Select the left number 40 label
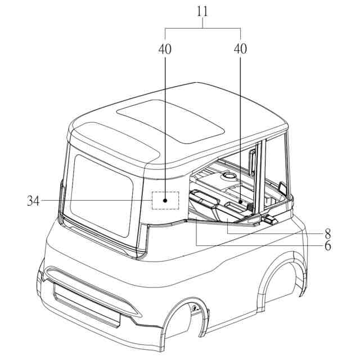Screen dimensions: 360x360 coord(165,49)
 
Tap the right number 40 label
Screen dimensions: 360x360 coord(240,49)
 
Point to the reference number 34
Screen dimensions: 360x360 coord(33,200)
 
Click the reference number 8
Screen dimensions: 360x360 coord(326,231)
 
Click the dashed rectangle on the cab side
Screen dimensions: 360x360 coord(165,200)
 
